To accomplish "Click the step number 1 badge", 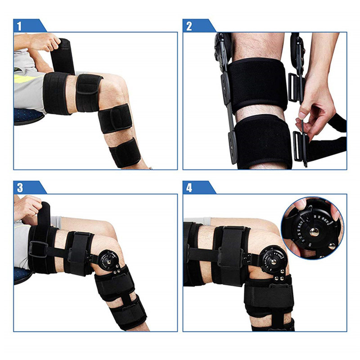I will [x=19, y=26].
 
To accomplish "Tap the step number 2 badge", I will [x=189, y=26].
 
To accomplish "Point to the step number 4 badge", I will [x=189, y=187].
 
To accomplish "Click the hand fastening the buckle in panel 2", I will [x=315, y=108].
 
